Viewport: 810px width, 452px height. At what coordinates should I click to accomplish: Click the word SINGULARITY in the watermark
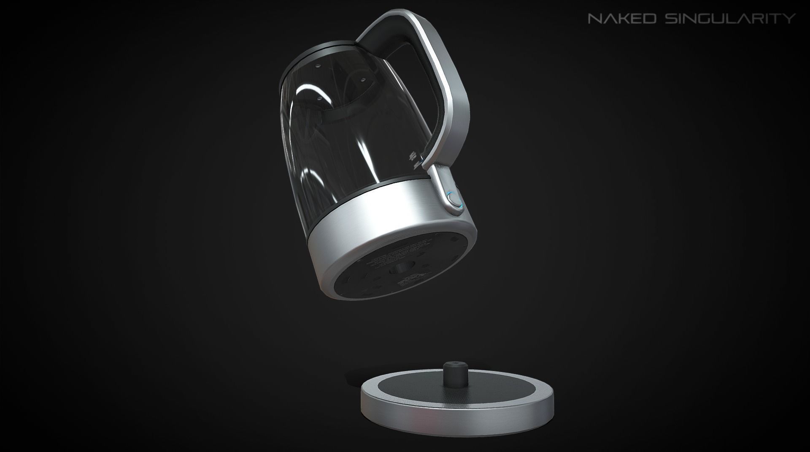(729, 18)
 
